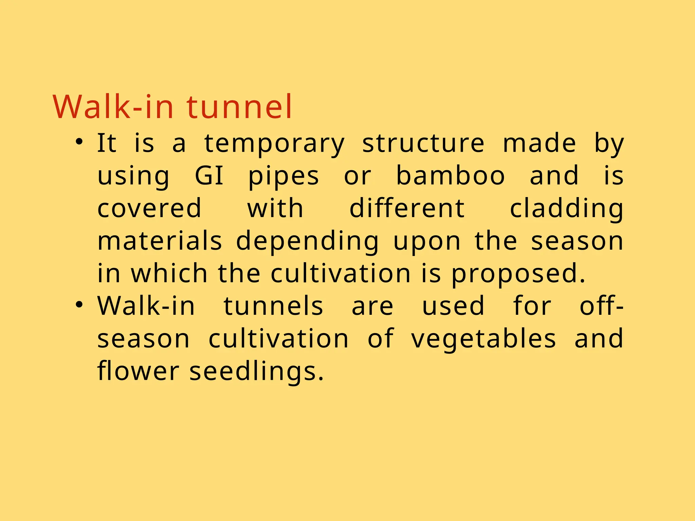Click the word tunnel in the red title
click(x=239, y=107)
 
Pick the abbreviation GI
click(x=209, y=176)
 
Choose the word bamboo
click(x=451, y=176)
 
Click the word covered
click(x=149, y=208)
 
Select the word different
click(x=407, y=208)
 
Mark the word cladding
click(x=567, y=209)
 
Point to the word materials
click(x=159, y=241)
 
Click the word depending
click(x=307, y=242)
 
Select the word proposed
click(x=518, y=274)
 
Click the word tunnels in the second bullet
click(x=273, y=306)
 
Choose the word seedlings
click(x=256, y=371)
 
